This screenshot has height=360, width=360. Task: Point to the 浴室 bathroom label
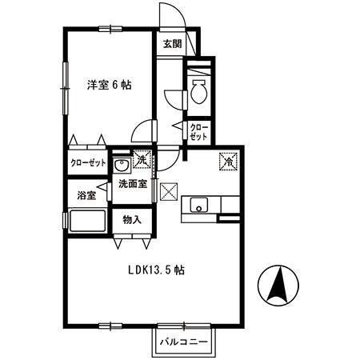(86, 195)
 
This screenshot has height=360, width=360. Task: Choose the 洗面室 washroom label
(132, 183)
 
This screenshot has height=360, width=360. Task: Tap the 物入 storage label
(132, 219)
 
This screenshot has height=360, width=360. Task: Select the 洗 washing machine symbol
(142, 160)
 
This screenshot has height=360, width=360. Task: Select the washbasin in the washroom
(122, 166)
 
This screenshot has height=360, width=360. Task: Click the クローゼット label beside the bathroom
(87, 162)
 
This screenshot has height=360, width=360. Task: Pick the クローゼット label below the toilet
(198, 132)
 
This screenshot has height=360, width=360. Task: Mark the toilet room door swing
(174, 98)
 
